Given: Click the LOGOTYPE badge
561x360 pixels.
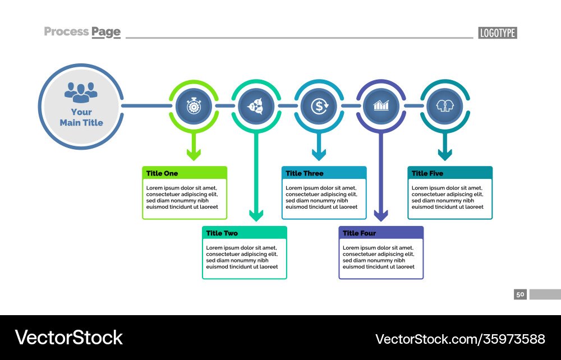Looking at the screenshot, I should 498,33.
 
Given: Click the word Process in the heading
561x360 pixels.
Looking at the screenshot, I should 66,32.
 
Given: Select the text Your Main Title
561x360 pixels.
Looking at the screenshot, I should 81,117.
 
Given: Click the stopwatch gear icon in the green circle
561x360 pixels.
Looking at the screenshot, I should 194,105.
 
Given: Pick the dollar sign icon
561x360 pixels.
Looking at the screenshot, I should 319,105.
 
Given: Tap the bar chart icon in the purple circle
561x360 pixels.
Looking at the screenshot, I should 381,105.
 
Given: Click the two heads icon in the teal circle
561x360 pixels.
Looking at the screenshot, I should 444,105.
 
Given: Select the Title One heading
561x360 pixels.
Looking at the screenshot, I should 162,173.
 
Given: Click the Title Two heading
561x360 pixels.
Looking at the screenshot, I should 222,233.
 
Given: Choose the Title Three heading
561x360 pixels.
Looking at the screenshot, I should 304,173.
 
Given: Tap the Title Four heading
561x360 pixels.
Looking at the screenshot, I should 359,233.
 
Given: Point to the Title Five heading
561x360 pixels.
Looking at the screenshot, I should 427,173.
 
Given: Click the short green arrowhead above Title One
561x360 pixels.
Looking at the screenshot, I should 194,155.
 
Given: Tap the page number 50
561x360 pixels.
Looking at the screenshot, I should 520,294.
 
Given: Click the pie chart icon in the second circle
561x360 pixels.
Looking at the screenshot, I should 256,105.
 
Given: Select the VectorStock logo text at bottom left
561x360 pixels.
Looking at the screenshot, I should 68,338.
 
